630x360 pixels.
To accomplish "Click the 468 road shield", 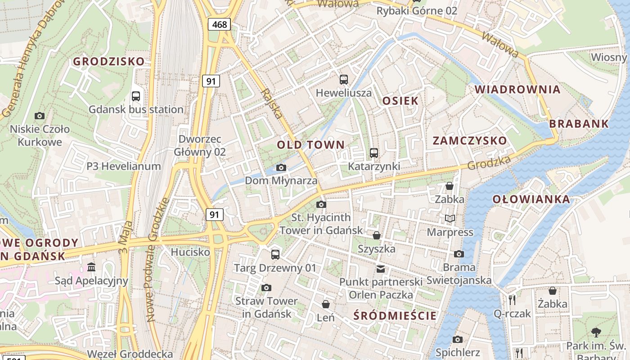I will coord(219,24).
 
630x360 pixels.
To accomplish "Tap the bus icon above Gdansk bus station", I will coord(136,96).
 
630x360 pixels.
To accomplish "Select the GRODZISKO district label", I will coord(109,62).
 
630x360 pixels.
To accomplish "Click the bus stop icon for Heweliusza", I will coord(344,80).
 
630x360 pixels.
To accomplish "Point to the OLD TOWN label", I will coord(310,145).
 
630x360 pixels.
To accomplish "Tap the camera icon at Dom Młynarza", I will coord(281,168).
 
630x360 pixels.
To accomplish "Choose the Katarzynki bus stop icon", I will coord(374,153).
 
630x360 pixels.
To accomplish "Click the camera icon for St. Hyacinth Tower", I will coord(321,205).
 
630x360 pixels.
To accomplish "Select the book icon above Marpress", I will coord(450,219).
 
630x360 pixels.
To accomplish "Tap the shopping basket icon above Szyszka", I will coord(377,235).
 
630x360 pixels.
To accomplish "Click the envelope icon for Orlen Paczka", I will coord(381,269).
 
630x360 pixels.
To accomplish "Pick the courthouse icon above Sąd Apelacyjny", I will coord(91,267).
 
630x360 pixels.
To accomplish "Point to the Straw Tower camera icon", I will coord(266,288).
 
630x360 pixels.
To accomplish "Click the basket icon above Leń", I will coord(325,304).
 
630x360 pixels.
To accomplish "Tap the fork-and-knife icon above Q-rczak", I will coord(512,300).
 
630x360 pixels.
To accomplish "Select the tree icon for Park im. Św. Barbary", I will coord(596,333).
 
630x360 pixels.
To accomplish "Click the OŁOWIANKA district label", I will coord(531,199).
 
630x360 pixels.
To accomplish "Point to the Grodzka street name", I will coord(489,162).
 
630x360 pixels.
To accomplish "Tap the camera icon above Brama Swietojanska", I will coord(459,254).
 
